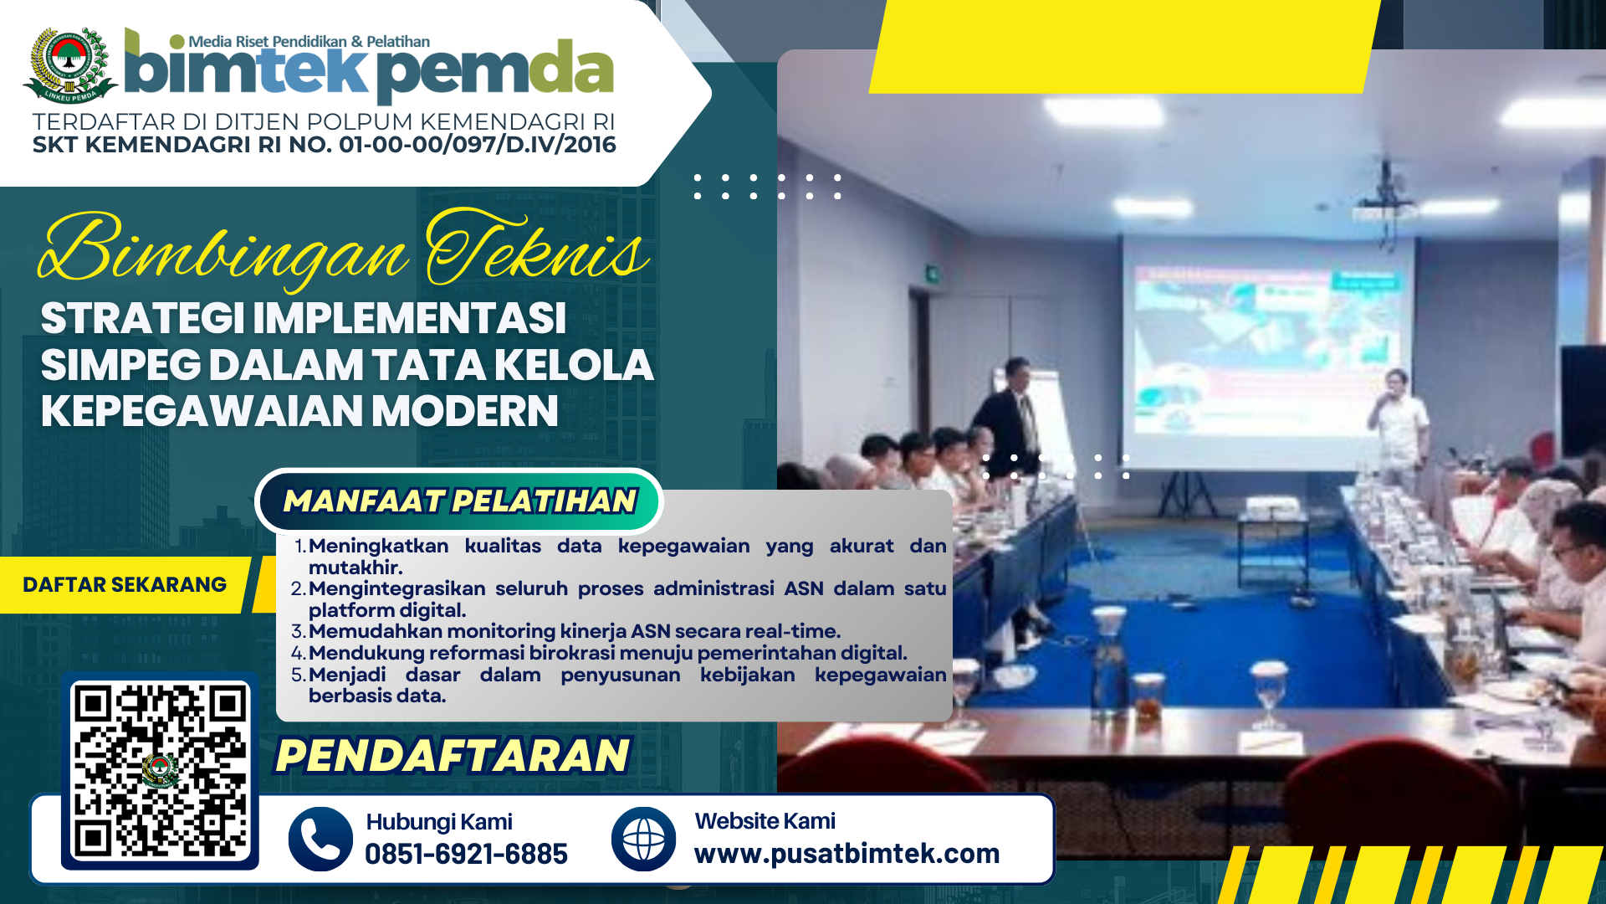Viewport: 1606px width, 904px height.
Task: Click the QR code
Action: click(161, 771)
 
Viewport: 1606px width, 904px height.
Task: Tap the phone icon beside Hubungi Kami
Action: click(320, 839)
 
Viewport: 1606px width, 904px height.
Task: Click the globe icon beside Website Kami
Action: click(643, 839)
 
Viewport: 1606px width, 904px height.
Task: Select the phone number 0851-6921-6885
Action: click(466, 854)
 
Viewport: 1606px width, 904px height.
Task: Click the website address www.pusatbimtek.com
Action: click(846, 853)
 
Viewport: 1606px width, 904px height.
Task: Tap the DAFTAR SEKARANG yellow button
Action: click(125, 584)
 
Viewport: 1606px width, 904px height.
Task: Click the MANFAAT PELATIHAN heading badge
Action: click(459, 501)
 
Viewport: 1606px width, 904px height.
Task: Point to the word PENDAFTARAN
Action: click(453, 755)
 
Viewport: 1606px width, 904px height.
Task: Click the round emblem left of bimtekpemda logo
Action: click(70, 65)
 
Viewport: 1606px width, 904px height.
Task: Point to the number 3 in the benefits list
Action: click(299, 631)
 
